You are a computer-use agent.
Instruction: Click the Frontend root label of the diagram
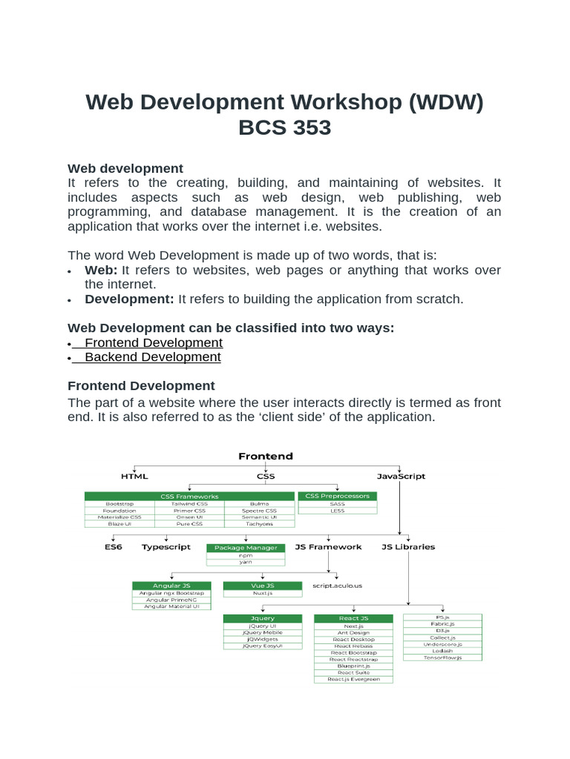(x=265, y=456)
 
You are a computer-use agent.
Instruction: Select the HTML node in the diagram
(x=134, y=476)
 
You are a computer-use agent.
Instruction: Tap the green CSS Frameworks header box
(x=189, y=496)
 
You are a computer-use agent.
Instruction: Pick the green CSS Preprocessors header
(x=336, y=496)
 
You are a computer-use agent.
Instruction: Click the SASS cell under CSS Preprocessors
(x=336, y=503)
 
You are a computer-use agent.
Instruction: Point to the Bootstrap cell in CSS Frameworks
(x=119, y=504)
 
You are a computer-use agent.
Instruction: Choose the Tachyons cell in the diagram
(x=259, y=524)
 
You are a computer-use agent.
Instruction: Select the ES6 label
(x=113, y=547)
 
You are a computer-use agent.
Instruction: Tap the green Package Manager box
(x=245, y=548)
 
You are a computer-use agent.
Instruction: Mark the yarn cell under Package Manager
(x=245, y=563)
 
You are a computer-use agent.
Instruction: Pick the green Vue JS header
(x=262, y=586)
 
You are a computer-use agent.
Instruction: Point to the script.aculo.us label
(x=337, y=586)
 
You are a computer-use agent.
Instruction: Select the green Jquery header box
(x=263, y=618)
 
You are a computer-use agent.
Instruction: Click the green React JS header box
(x=353, y=618)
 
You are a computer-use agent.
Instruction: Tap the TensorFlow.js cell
(x=442, y=657)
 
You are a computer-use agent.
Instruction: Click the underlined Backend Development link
(x=152, y=357)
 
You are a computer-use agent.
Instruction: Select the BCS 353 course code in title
(x=284, y=127)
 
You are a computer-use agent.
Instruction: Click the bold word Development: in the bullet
(x=129, y=299)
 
